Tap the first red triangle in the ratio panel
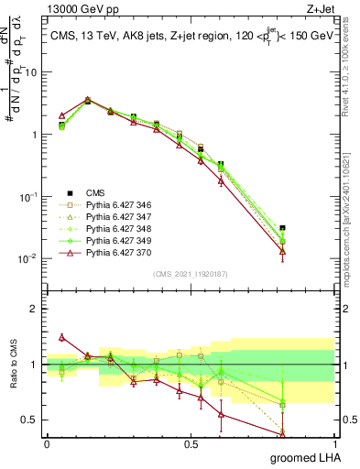(x=61, y=337)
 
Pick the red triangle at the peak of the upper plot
(x=87, y=100)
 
